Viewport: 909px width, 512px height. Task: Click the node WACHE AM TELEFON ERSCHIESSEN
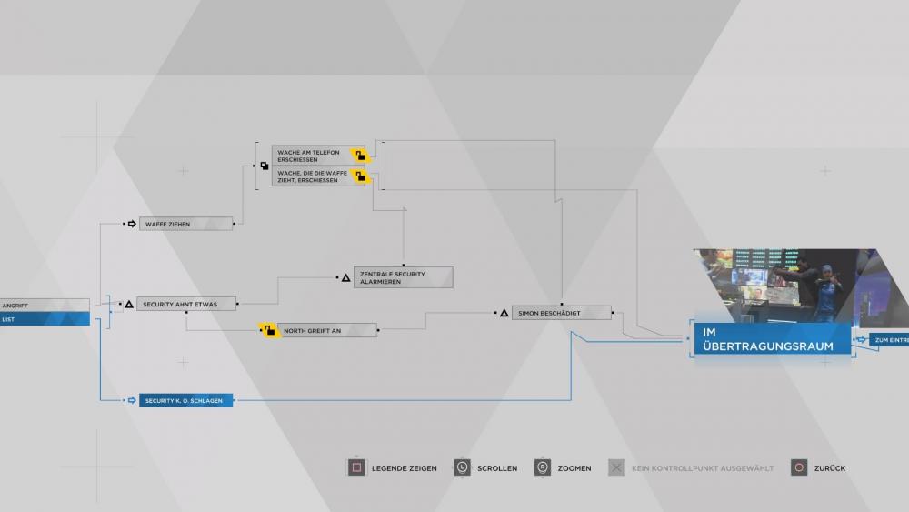click(x=314, y=156)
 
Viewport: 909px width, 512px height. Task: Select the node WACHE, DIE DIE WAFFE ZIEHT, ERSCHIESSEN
click(x=314, y=176)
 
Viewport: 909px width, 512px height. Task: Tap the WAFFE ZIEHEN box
click(x=185, y=223)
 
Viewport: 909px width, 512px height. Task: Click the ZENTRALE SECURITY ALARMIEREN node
click(x=403, y=277)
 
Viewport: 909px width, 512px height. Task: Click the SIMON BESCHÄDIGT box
click(x=561, y=313)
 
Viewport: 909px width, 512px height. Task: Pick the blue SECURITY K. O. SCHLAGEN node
click(x=185, y=400)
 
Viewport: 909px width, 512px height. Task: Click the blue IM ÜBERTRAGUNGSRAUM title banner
click(x=772, y=339)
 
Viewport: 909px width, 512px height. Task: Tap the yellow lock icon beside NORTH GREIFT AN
click(x=268, y=330)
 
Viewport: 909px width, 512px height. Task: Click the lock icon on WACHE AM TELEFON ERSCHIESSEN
click(x=360, y=156)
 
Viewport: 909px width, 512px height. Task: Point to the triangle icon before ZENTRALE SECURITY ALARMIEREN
click(x=345, y=277)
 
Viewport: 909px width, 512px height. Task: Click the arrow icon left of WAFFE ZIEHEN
click(x=131, y=223)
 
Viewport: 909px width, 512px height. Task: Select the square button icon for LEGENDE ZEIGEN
click(x=356, y=467)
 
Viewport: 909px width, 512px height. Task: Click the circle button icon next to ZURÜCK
click(x=799, y=467)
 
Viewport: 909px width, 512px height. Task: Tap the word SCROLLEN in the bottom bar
click(x=498, y=468)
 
